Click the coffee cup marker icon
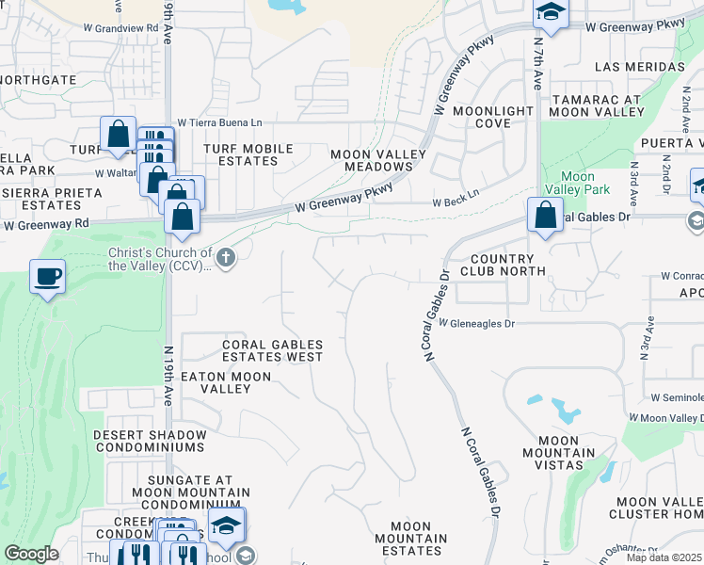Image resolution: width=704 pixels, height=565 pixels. tap(47, 277)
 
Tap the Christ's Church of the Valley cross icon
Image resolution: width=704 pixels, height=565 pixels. tap(225, 256)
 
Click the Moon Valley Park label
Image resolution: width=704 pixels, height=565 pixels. tap(577, 183)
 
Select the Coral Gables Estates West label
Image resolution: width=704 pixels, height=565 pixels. tap(272, 351)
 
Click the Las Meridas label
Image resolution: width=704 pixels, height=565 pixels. tap(640, 67)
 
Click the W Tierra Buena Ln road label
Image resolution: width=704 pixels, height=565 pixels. tap(219, 122)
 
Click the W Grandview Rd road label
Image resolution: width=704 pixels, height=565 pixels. tap(127, 28)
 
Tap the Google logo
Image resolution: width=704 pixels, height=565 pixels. tap(31, 554)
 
